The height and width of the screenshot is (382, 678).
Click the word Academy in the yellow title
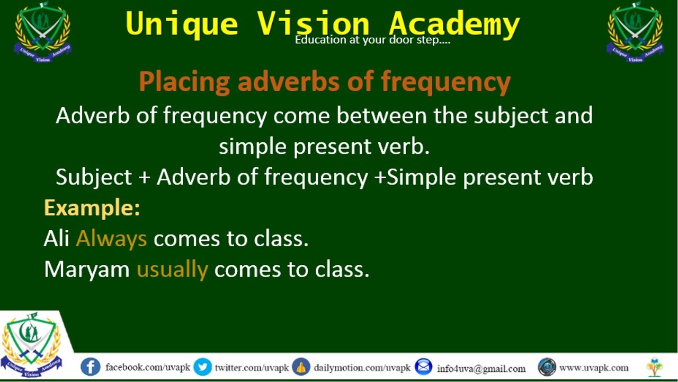click(453, 24)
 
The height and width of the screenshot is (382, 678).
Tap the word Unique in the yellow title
click(182, 24)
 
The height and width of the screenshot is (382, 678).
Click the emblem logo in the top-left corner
click(42, 32)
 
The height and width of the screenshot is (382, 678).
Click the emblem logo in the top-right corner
click(635, 32)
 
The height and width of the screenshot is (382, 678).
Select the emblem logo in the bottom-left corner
click(31, 344)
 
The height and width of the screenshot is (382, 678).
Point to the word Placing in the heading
click(184, 82)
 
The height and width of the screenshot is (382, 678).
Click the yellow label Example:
click(92, 207)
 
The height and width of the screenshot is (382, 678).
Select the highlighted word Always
click(111, 239)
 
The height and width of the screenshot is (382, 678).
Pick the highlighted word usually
click(172, 269)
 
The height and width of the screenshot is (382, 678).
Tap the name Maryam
click(87, 269)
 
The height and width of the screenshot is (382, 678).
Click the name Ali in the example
click(57, 239)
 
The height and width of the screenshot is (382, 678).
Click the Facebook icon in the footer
click(91, 367)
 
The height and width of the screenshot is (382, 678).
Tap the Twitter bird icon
click(202, 367)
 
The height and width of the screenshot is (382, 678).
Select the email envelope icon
click(423, 367)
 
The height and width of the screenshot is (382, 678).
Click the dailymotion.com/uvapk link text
click(362, 368)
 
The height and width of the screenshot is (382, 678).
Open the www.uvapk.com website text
click(594, 368)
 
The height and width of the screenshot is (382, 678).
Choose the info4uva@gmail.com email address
click(481, 368)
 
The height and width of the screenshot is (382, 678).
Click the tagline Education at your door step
click(372, 40)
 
